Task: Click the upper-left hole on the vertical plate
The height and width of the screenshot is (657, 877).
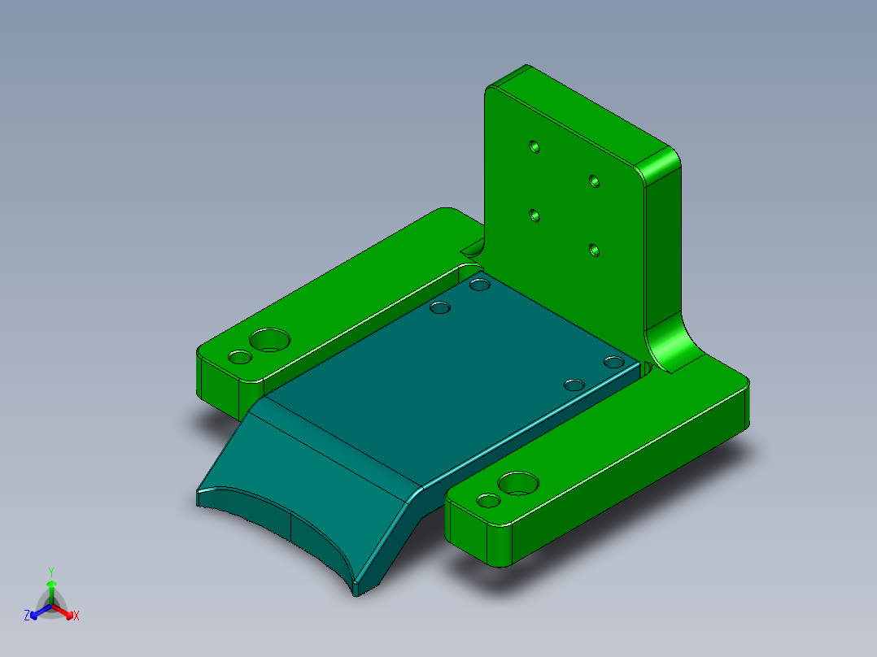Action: coord(534,146)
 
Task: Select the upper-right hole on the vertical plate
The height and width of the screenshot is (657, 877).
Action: coord(595,179)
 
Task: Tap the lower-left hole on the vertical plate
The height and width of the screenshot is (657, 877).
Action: coord(534,215)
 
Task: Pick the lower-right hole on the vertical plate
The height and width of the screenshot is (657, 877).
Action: coord(595,249)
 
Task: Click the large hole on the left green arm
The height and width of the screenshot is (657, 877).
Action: coord(269,339)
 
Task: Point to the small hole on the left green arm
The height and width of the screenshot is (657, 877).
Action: coord(240,357)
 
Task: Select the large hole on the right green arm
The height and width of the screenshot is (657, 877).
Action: coord(518,483)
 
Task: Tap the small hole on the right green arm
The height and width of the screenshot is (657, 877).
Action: coord(489,501)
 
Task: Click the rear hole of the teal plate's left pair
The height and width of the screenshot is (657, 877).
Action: coord(480,285)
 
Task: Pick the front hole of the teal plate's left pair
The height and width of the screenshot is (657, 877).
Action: coord(441,308)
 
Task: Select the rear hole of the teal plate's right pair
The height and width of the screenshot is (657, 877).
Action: coord(613,361)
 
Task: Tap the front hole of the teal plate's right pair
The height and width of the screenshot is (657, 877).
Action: coord(574,384)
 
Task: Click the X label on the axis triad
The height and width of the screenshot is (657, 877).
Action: coord(76,616)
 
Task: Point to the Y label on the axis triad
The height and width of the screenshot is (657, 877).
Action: coord(51,572)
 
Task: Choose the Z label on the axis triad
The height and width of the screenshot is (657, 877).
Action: coord(27,616)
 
